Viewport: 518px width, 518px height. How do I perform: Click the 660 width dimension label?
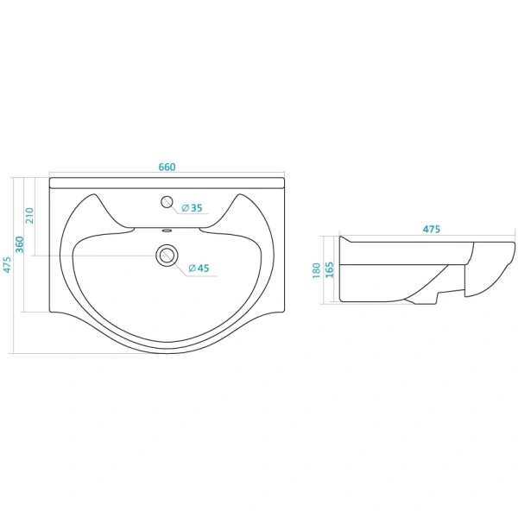[167, 167]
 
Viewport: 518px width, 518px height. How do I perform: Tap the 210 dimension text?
[29, 215]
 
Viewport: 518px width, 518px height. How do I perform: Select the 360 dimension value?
[20, 244]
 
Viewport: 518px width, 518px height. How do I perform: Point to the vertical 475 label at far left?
[7, 265]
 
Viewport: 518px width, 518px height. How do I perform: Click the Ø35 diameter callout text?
[192, 208]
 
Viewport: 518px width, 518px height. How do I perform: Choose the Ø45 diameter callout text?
[199, 268]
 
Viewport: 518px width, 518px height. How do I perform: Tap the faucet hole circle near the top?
[167, 202]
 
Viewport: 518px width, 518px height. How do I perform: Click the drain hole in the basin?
[167, 255]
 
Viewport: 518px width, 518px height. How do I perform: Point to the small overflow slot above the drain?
[167, 231]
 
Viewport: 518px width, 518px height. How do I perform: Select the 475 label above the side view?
[432, 229]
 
